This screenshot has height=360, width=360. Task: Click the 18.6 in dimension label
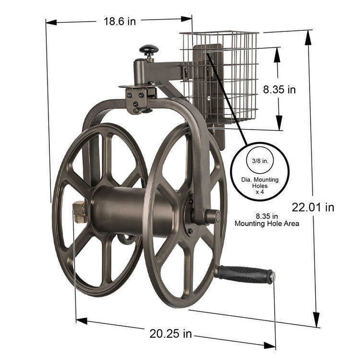coord(120,21)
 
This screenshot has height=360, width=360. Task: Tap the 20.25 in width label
coord(171,334)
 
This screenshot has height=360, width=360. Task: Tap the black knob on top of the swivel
coord(149,50)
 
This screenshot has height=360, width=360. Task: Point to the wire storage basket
coord(220,77)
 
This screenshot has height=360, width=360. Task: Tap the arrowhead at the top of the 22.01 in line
coord(308,34)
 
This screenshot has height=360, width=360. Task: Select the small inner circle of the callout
coord(260,160)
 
